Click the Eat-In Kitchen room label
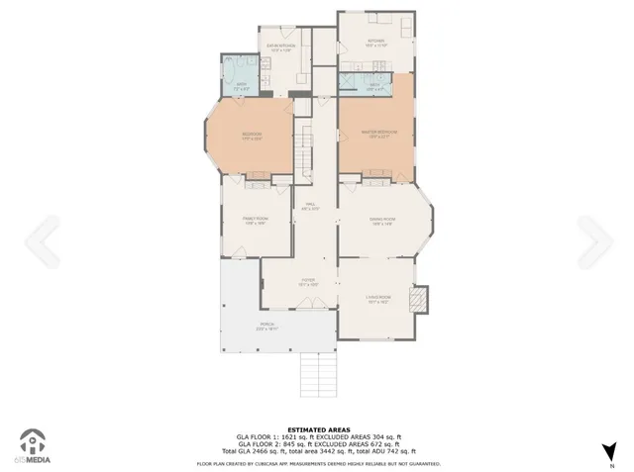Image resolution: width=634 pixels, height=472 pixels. pyautogui.click(x=279, y=47)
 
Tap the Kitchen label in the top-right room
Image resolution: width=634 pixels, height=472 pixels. pyautogui.click(x=375, y=42)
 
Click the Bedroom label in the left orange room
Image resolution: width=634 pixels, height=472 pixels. pyautogui.click(x=252, y=135)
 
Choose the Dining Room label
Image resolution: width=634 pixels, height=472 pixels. pyautogui.click(x=383, y=220)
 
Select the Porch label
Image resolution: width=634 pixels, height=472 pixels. pyautogui.click(x=267, y=326)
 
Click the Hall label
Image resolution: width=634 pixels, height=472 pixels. pyautogui.click(x=309, y=206)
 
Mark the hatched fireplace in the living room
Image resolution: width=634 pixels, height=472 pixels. pyautogui.click(x=419, y=298)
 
